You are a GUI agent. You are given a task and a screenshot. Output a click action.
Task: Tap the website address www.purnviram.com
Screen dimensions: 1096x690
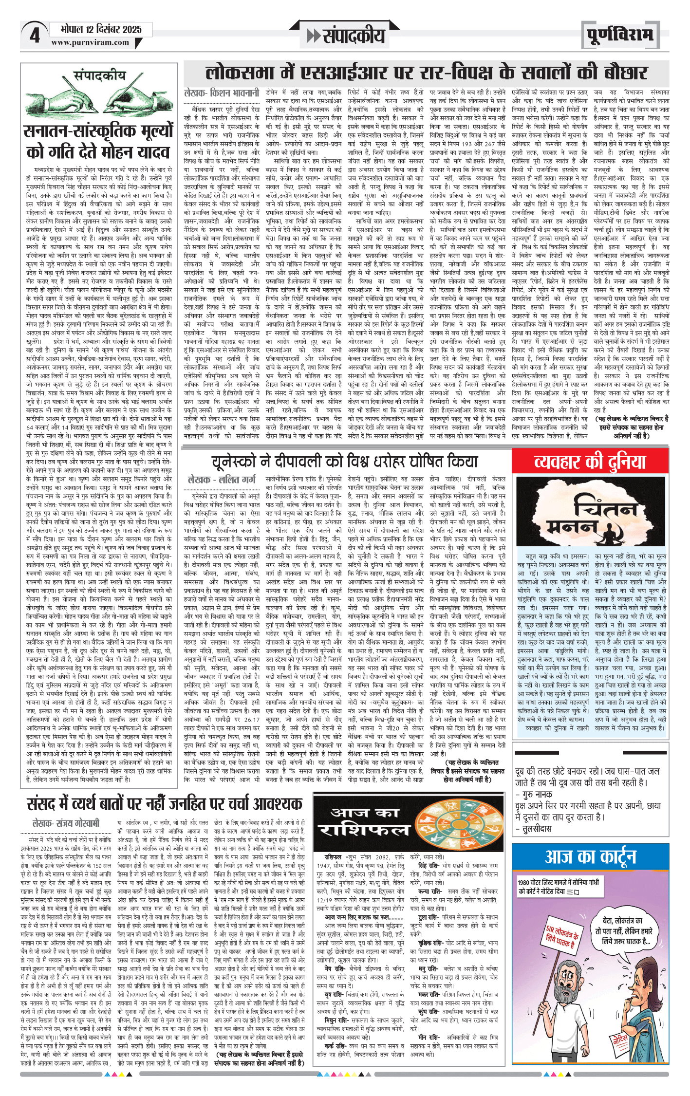90,42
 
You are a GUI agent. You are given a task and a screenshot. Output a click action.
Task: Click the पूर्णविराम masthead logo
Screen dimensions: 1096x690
619,35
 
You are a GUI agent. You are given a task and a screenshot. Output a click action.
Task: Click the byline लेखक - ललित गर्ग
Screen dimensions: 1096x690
222,480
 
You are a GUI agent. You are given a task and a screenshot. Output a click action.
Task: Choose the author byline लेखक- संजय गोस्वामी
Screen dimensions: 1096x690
66,823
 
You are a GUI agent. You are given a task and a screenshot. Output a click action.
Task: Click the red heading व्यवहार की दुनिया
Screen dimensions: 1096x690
590,462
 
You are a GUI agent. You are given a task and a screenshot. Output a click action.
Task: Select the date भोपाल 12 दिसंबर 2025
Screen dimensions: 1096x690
101,30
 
